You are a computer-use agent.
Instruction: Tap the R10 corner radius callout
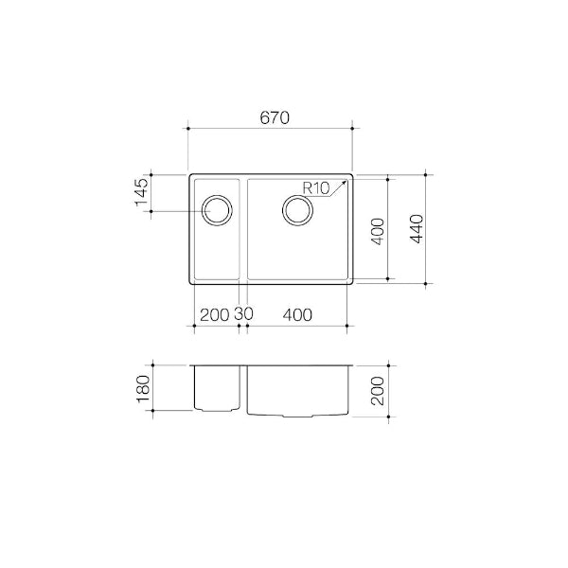tap(315, 187)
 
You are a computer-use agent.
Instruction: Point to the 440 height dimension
tap(417, 228)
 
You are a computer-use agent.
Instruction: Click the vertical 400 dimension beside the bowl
tap(376, 230)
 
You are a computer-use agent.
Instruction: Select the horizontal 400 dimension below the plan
tap(297, 314)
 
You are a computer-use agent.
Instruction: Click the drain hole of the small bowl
tap(216, 209)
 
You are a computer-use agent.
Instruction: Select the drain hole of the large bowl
tap(298, 209)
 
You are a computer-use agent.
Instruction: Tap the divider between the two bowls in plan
tap(243, 228)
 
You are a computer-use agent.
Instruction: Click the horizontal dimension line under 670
tap(271, 128)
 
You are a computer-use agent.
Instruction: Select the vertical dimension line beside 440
tap(428, 228)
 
